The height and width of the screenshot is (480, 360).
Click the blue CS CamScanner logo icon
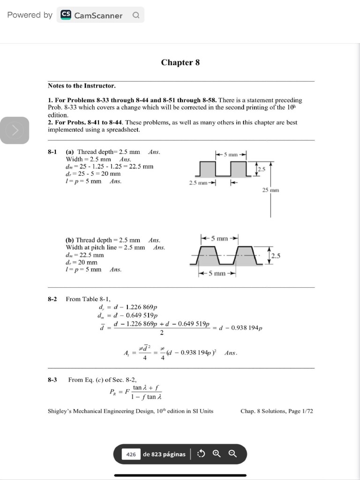tap(66, 15)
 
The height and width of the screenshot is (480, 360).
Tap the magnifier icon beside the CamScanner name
tap(135, 15)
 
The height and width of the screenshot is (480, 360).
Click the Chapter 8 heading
tap(180, 62)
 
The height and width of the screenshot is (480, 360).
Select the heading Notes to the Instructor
tap(82, 86)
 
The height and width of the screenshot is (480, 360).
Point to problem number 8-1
tap(52, 152)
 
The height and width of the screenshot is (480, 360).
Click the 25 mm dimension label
tap(270, 190)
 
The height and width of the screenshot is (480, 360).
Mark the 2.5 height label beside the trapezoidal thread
tap(276, 255)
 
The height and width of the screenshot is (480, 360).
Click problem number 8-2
tap(52, 299)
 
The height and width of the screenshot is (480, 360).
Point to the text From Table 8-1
tap(88, 299)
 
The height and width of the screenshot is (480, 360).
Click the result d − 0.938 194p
tap(240, 328)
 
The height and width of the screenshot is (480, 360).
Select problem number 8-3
tap(52, 380)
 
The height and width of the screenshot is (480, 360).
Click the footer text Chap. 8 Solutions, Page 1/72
tap(276, 411)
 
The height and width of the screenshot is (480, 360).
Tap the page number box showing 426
tap(131, 454)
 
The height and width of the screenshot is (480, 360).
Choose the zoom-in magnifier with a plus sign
tap(216, 454)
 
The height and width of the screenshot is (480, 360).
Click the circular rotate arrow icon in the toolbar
tap(202, 454)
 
